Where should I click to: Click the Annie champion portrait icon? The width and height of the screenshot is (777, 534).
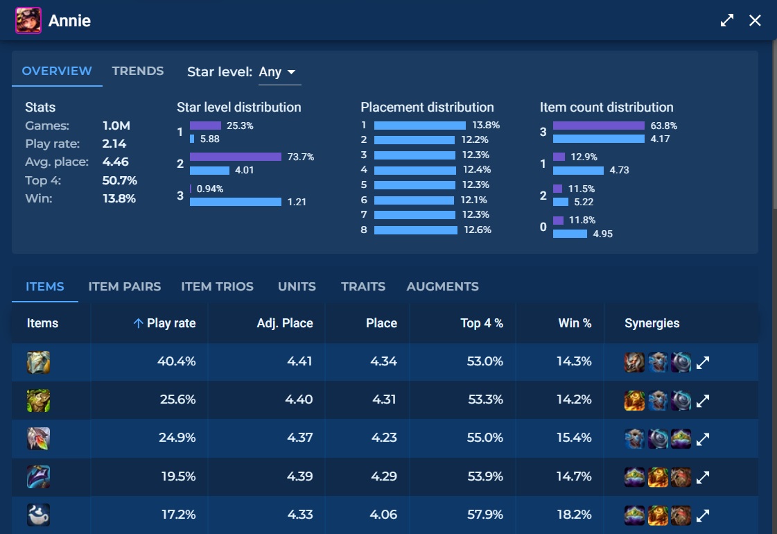[28, 20]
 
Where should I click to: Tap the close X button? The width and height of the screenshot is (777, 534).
[755, 20]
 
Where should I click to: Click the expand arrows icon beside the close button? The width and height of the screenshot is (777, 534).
[727, 20]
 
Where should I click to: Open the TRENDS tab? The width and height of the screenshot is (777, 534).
[138, 71]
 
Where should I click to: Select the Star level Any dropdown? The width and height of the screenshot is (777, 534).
[279, 72]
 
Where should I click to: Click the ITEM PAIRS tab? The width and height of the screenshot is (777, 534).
[124, 286]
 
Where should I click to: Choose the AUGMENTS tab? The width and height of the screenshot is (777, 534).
[442, 286]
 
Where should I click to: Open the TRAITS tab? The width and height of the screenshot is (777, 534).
[363, 286]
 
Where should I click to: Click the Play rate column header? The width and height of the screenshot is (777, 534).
[171, 323]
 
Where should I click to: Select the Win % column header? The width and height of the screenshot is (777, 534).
[575, 323]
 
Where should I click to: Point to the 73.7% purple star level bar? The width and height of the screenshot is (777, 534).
[236, 157]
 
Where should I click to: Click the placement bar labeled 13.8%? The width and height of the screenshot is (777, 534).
[420, 126]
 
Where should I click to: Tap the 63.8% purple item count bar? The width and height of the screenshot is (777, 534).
[599, 126]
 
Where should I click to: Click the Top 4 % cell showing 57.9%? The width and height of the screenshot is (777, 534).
[484, 515]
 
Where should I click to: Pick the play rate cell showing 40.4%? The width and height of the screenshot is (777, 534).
[177, 361]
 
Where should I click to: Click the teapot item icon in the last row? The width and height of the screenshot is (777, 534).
[38, 515]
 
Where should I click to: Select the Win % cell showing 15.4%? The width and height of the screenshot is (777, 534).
[574, 438]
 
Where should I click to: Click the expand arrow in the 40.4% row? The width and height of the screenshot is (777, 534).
[703, 363]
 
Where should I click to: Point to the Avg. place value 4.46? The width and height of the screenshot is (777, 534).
[116, 162]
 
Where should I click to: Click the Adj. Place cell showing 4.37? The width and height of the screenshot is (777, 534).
[300, 438]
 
